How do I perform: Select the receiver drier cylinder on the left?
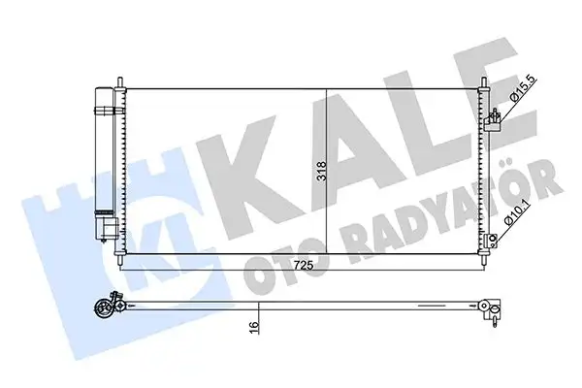103,160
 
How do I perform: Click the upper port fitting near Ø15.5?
495,119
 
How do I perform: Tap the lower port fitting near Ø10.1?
495,239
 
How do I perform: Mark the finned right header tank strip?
481,170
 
